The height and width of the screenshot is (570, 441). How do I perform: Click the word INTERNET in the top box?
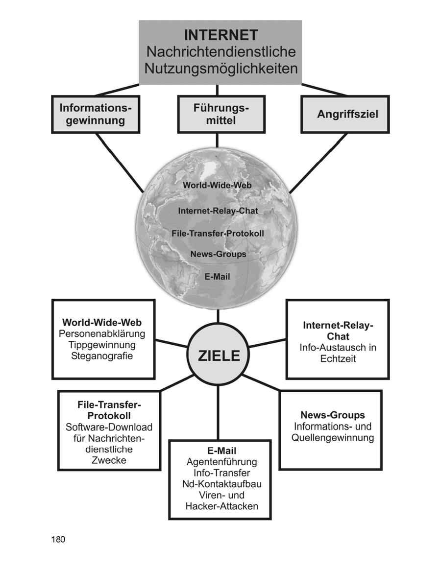tap(220, 35)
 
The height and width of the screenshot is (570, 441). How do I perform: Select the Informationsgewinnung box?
tap(96, 114)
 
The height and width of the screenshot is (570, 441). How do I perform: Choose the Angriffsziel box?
tap(345, 114)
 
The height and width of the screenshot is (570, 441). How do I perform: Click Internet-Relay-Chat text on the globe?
tap(218, 211)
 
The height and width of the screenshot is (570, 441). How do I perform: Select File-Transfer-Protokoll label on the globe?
tap(218, 234)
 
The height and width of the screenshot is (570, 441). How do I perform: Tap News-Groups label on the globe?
tap(218, 254)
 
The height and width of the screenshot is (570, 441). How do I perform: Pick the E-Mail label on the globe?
tap(217, 277)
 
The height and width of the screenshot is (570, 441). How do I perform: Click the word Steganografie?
tap(102, 356)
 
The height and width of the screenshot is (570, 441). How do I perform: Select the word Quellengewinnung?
tap(332, 438)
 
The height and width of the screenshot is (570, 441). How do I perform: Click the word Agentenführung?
tap(221, 462)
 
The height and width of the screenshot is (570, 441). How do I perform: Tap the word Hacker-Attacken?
tap(221, 506)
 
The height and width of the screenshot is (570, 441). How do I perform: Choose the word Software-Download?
tap(109, 427)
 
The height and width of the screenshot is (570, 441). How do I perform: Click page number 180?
tap(58, 540)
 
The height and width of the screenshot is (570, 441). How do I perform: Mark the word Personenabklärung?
tap(102, 334)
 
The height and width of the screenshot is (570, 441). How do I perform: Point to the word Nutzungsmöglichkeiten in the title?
tap(220, 68)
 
